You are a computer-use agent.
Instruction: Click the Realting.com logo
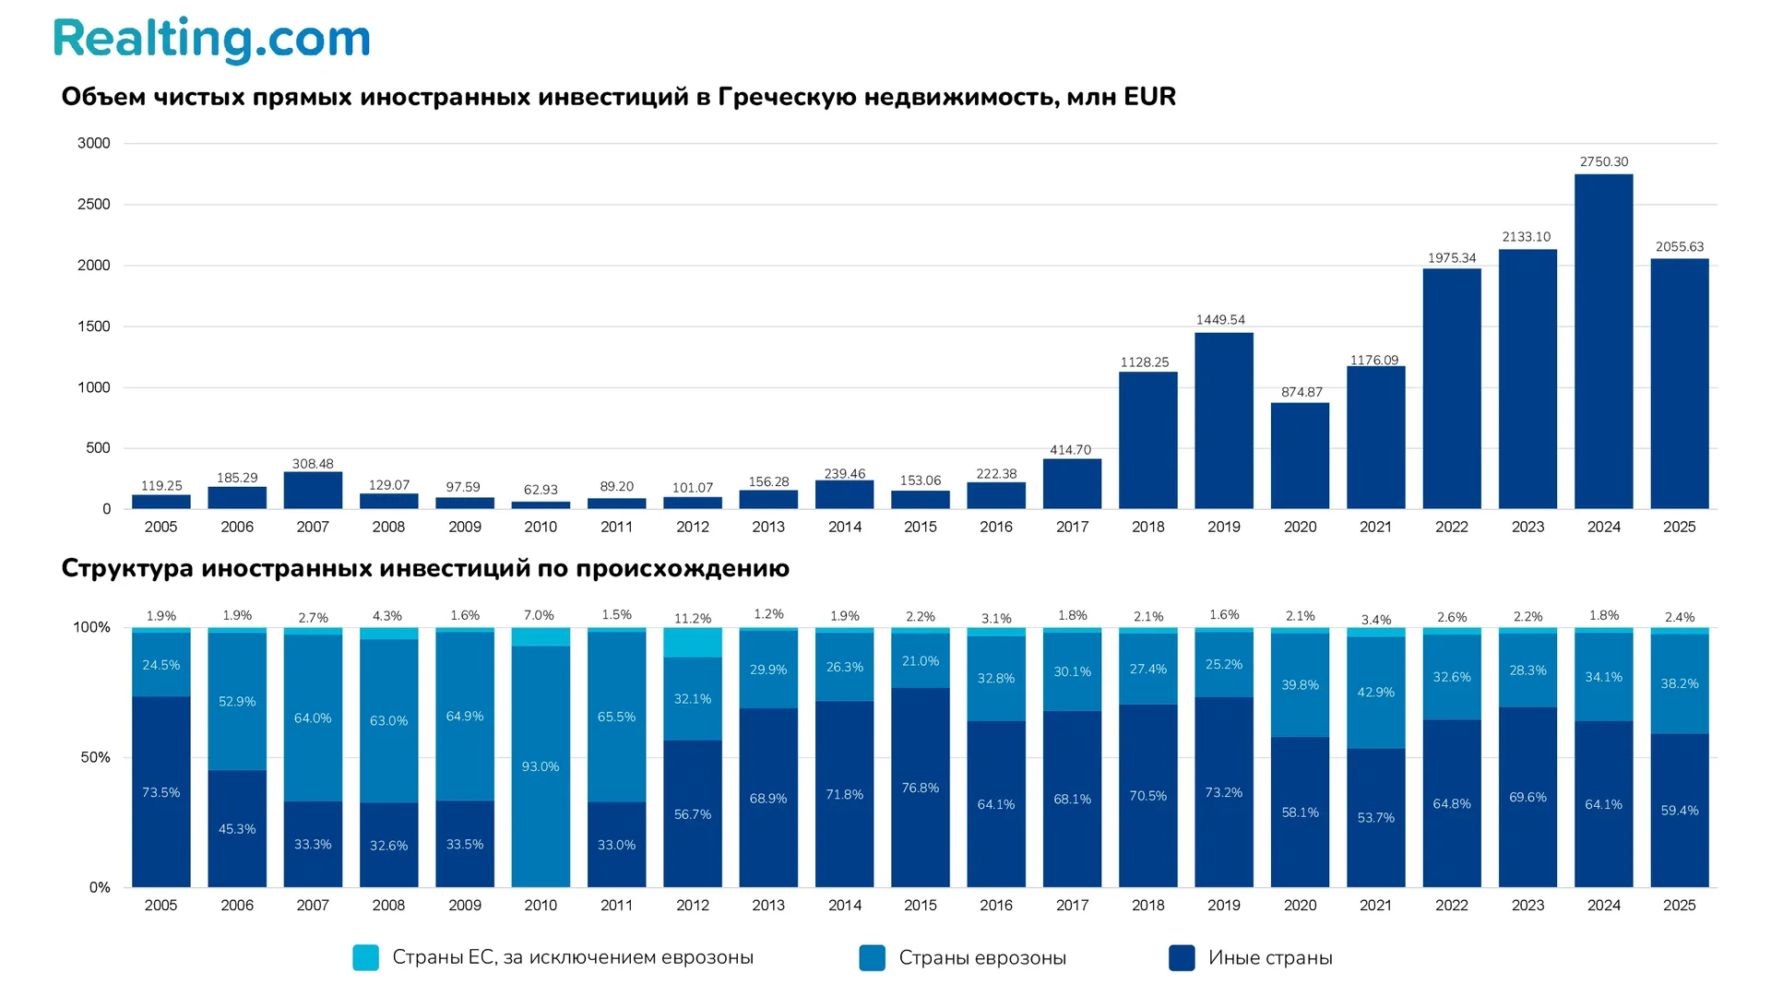[x=211, y=40]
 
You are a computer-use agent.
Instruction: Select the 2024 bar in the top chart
[x=1603, y=341]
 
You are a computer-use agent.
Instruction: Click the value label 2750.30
[x=1603, y=161]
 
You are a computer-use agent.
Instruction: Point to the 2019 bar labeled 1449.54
[x=1223, y=420]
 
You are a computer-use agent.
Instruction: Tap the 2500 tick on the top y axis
[x=94, y=204]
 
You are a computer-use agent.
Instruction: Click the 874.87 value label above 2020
[x=1301, y=392]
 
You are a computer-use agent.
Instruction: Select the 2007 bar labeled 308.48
[x=313, y=490]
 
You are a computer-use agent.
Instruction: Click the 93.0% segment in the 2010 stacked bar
[x=541, y=766]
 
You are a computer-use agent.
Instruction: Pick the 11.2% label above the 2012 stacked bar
[x=693, y=618]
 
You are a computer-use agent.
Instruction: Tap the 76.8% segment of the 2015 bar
[x=920, y=788]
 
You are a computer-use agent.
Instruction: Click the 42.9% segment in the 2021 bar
[x=1375, y=692]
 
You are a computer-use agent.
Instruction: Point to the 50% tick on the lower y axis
[x=95, y=757]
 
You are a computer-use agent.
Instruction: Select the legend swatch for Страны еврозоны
[x=872, y=957]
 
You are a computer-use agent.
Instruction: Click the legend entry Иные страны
[x=1269, y=957]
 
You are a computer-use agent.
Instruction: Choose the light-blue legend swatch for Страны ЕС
[x=366, y=957]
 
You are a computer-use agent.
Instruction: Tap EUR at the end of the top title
[x=1148, y=97]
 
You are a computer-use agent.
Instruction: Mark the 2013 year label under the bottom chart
[x=767, y=905]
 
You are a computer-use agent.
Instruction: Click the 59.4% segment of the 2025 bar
[x=1679, y=810]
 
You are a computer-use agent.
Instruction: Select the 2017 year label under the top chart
[x=1072, y=527]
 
